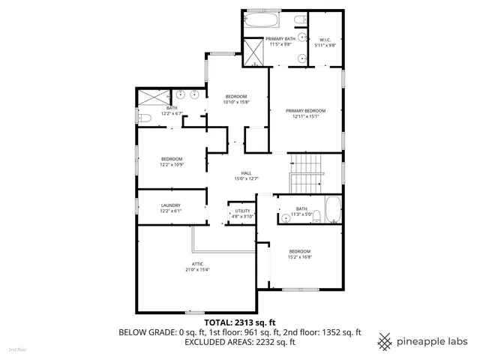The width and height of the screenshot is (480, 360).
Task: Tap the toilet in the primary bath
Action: (x=298, y=19)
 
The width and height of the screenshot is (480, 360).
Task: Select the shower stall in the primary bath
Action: (x=255, y=50)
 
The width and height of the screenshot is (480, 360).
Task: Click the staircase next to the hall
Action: (x=307, y=172)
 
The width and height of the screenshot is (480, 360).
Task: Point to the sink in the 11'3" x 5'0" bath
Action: (x=286, y=218)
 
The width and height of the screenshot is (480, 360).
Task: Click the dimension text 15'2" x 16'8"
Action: (x=300, y=256)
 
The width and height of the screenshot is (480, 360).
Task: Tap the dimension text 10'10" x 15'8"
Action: (x=236, y=102)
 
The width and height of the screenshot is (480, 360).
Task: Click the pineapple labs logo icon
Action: (x=385, y=341)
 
